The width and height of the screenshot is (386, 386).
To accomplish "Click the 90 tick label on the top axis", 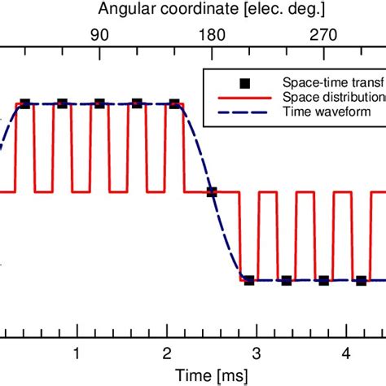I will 99,35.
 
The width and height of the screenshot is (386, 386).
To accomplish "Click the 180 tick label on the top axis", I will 212,35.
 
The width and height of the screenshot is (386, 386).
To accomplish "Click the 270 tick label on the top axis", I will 324,35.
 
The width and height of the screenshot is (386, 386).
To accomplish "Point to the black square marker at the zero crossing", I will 212,192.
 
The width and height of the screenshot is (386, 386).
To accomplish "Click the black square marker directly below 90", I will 99,103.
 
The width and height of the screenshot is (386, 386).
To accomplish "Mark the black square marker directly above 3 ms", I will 249,281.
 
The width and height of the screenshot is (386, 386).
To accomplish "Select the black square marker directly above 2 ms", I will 174,103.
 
